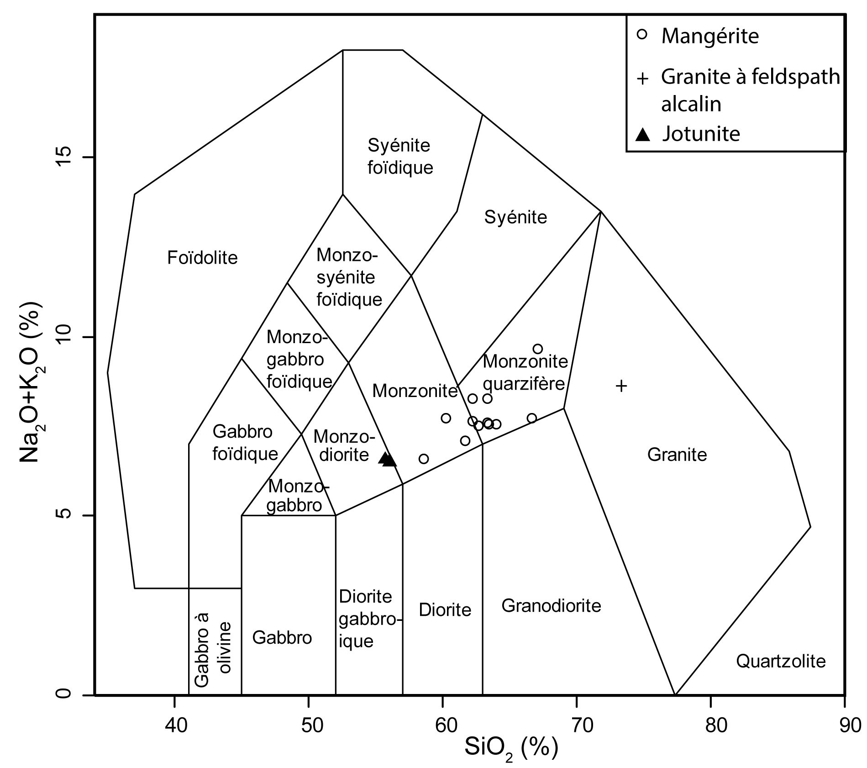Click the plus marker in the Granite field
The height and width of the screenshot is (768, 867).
pyautogui.click(x=621, y=386)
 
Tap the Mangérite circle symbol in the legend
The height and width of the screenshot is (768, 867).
pyautogui.click(x=642, y=35)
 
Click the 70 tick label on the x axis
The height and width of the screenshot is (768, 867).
pyautogui.click(x=577, y=726)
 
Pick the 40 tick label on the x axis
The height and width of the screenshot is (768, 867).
pyautogui.click(x=174, y=726)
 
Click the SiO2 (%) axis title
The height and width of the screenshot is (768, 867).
pyautogui.click(x=511, y=748)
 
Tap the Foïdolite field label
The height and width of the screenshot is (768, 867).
pyautogui.click(x=202, y=258)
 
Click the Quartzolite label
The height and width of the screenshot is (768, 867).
pyautogui.click(x=781, y=661)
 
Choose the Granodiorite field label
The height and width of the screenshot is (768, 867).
pyautogui.click(x=551, y=606)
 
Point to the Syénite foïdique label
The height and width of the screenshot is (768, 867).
pyautogui.click(x=400, y=157)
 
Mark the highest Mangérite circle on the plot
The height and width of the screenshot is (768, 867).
pyautogui.click(x=538, y=349)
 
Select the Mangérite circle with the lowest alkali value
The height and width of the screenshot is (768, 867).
pyautogui.click(x=424, y=459)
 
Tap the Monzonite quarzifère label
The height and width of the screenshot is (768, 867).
pyautogui.click(x=525, y=372)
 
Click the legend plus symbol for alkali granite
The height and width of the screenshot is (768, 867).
pyautogui.click(x=642, y=79)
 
